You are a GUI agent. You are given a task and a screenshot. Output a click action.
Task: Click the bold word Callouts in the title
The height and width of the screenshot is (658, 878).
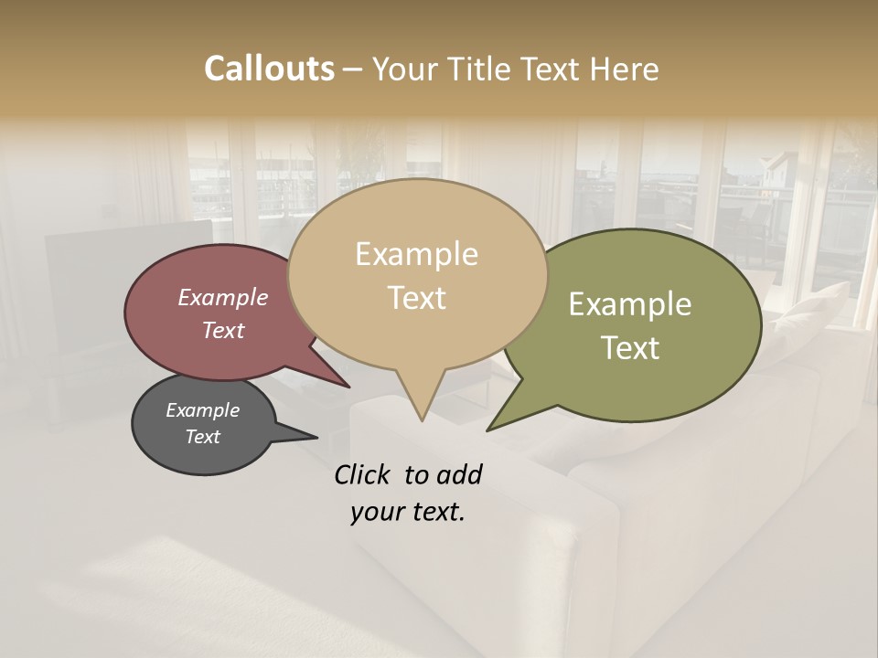tap(269, 69)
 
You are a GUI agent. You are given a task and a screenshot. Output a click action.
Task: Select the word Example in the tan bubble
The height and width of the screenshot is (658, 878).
tap(416, 254)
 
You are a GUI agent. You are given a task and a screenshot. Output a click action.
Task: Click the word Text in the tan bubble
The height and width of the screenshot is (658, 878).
tap(416, 298)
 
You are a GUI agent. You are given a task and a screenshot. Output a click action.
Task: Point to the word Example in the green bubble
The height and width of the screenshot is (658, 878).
tap(629, 304)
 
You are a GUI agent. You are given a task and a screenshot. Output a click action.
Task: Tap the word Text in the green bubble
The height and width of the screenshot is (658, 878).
tap(629, 348)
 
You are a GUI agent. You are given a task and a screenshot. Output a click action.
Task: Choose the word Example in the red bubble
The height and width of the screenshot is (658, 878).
tap(222, 298)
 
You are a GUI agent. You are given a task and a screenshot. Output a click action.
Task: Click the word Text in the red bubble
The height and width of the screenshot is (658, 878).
tap(222, 330)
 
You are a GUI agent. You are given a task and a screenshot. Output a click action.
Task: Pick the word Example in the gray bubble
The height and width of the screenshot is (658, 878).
tap(202, 410)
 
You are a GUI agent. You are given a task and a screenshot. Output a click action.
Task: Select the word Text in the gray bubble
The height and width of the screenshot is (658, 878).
tap(202, 437)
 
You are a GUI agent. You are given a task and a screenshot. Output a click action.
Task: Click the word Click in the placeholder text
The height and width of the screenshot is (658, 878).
tap(363, 474)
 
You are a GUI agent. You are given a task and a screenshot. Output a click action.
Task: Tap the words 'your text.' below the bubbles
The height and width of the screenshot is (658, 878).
tap(407, 513)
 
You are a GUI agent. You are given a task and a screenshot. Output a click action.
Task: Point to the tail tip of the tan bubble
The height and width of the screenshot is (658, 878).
tap(421, 419)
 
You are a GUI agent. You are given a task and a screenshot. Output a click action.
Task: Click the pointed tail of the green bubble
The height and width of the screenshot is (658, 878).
tap(491, 427)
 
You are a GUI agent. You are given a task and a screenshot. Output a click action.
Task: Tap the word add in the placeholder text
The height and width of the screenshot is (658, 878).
tap(459, 474)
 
